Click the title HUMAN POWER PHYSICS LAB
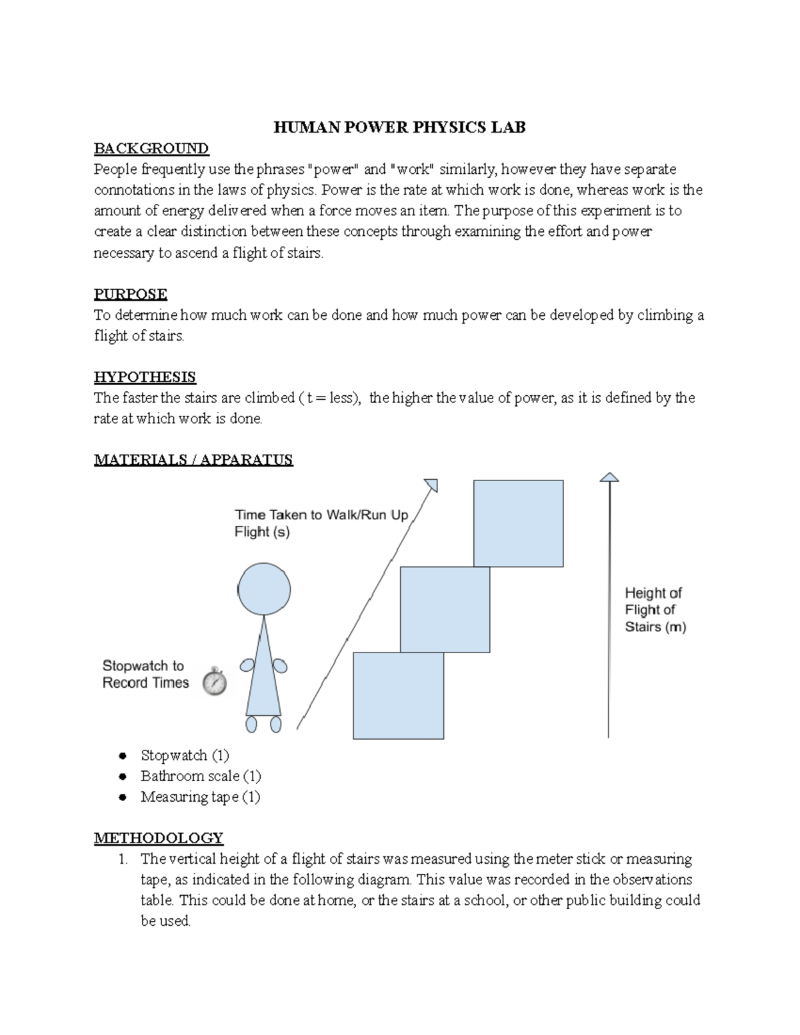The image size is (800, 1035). pyautogui.click(x=399, y=127)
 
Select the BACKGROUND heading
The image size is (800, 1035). pyautogui.click(x=151, y=148)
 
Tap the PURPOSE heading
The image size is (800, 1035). pyautogui.click(x=131, y=294)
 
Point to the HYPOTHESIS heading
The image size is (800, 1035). pyautogui.click(x=145, y=377)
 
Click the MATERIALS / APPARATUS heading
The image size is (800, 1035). pyautogui.click(x=193, y=459)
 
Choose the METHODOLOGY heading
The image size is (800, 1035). pyautogui.click(x=159, y=838)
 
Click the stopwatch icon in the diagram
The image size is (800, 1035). pyautogui.click(x=215, y=681)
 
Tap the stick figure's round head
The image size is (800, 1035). pyautogui.click(x=265, y=589)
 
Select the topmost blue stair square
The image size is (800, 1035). pyautogui.click(x=519, y=523)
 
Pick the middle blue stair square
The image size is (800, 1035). pyautogui.click(x=445, y=609)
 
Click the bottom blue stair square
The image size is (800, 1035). pyautogui.click(x=398, y=695)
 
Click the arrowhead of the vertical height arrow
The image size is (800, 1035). pyautogui.click(x=609, y=477)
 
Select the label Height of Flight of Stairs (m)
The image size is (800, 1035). pyautogui.click(x=655, y=610)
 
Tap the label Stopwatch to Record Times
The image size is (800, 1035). pyautogui.click(x=145, y=674)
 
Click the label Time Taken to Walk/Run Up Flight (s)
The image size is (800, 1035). pyautogui.click(x=321, y=523)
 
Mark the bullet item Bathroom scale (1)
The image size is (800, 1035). pyautogui.click(x=201, y=776)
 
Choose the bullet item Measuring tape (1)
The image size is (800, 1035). pyautogui.click(x=200, y=796)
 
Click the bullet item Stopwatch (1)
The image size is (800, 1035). pyautogui.click(x=185, y=755)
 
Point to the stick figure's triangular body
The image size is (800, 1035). pyautogui.click(x=263, y=673)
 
